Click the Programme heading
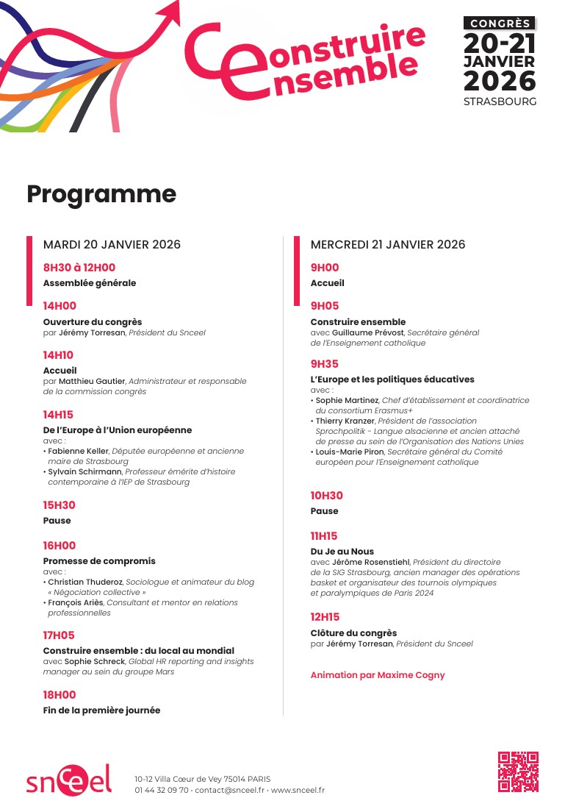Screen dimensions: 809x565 [101, 193]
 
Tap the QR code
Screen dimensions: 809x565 [518, 771]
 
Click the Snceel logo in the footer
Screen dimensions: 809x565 [69, 780]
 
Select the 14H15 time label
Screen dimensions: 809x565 [58, 415]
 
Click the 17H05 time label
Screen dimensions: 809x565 [59, 635]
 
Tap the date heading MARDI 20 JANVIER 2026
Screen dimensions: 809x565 [112, 244]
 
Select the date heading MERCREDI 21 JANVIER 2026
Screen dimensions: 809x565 [388, 244]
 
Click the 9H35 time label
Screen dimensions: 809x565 [325, 364]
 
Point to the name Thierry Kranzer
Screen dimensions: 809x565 [345, 421]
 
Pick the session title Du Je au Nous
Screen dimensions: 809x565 [342, 552]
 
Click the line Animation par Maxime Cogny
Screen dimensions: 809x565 [378, 674]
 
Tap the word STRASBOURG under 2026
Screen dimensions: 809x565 [500, 101]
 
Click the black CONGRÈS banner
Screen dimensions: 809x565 [500, 24]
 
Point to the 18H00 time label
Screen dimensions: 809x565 [59, 695]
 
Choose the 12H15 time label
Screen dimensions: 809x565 [325, 617]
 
